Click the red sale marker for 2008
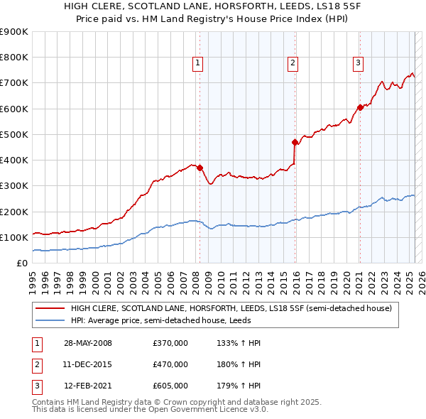(x=200, y=168)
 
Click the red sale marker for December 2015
(x=294, y=142)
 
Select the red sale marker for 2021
(x=360, y=107)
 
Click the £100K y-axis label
(x=14, y=237)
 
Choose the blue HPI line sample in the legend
(x=50, y=320)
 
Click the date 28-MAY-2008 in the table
(x=87, y=343)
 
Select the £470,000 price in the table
(x=170, y=364)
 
